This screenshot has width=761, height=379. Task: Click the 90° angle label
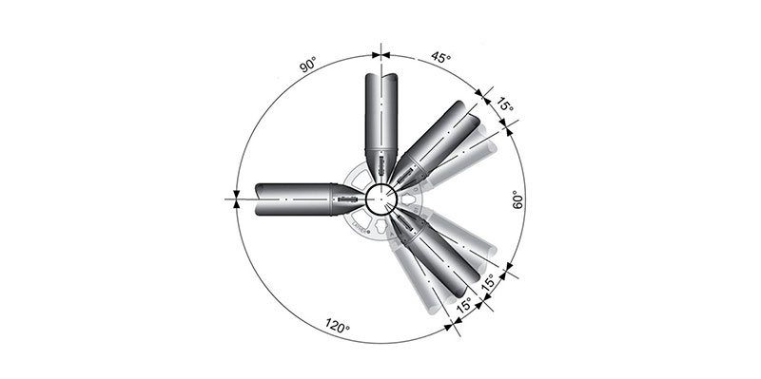[307, 65]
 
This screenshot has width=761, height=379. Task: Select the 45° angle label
[440, 57]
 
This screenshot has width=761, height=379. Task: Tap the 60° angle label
[517, 199]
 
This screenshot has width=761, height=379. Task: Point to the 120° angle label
[338, 326]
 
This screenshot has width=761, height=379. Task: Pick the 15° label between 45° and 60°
[505, 104]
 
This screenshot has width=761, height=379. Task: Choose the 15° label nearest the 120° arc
[463, 305]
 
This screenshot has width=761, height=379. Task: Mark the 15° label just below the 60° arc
[487, 282]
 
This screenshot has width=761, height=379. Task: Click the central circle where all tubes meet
[381, 199]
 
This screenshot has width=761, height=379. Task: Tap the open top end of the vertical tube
[381, 77]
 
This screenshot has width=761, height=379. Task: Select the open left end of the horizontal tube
[259, 199]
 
